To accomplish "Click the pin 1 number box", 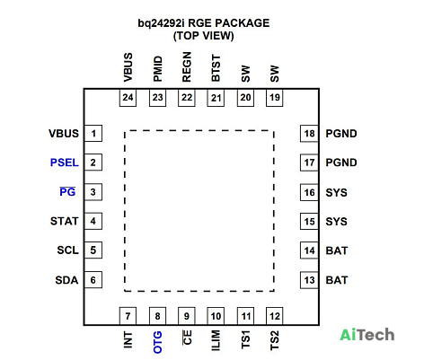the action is coord(93,133).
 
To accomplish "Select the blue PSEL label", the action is coord(65,162).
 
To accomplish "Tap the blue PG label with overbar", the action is coord(67,191).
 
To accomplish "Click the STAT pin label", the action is coord(65,221).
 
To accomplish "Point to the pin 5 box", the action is coord(93,250).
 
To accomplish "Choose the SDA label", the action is coord(66,280).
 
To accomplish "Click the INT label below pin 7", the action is coord(128,339).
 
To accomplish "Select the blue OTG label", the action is coord(157,342).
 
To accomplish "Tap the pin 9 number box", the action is coord(187,316).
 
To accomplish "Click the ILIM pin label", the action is coord(216,340).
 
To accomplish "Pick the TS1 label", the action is coord(245,340).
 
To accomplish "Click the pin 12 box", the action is coord(275,316).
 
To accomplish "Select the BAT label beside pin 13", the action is coord(337,280).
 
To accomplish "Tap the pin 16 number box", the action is coord(309,192).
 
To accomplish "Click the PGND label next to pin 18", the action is coord(341,134).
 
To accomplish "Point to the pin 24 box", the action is coord(128,98).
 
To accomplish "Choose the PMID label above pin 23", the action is coord(157,69).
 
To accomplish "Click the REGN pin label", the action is coord(187,67).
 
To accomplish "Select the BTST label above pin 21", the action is coord(216,68).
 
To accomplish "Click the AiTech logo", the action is coord(367,335).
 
